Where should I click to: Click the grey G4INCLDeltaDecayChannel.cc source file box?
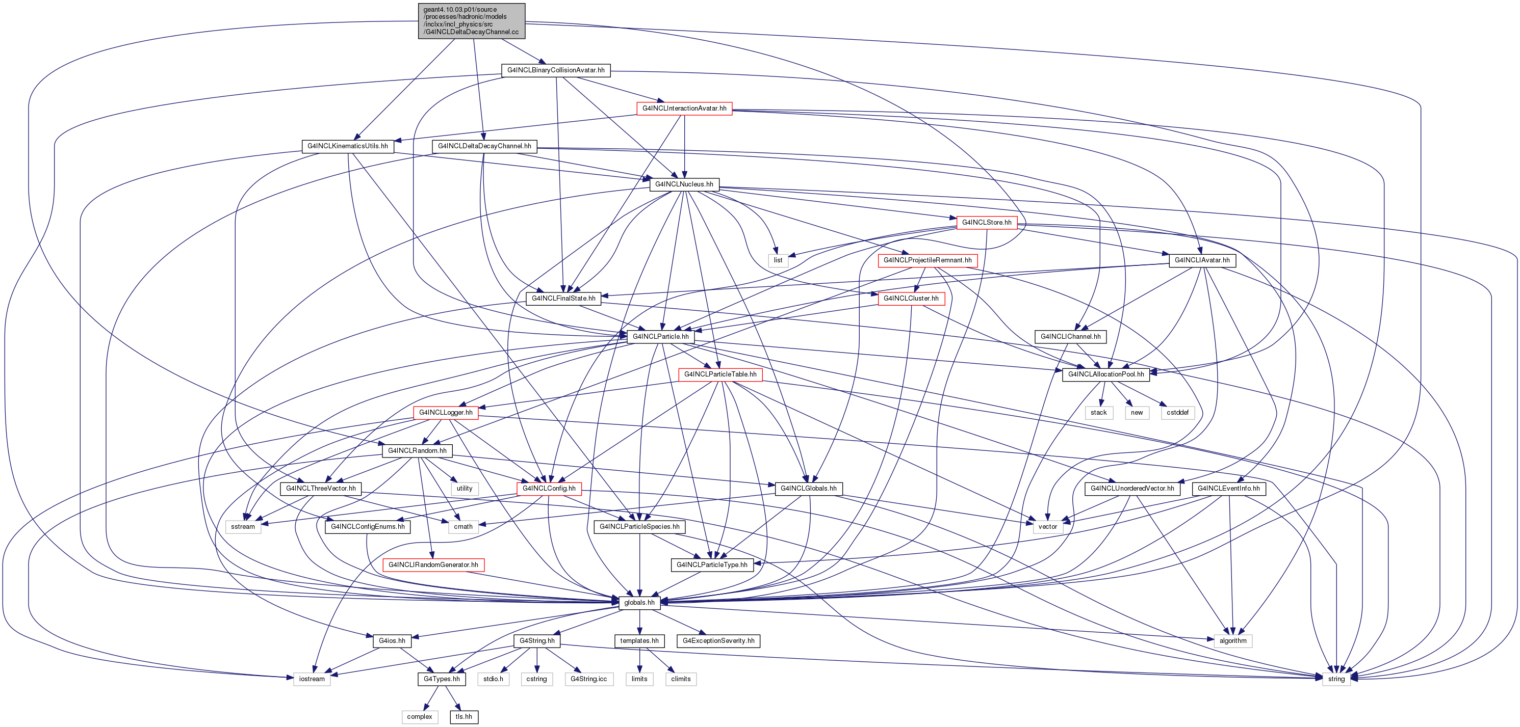[x=472, y=21]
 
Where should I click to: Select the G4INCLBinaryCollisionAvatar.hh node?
[x=556, y=70]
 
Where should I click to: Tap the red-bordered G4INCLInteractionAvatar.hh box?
[x=684, y=109]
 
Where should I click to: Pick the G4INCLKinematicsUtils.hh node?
[x=348, y=146]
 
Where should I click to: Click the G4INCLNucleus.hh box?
[x=684, y=184]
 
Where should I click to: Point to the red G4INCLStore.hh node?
[x=987, y=222]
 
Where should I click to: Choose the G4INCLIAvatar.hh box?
[x=1202, y=260]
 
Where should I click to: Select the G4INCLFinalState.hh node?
[x=563, y=299]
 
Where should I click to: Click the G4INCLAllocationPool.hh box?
[x=1106, y=374]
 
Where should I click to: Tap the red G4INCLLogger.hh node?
[x=446, y=413]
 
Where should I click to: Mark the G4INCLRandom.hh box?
[x=417, y=450]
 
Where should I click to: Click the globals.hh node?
[x=639, y=603]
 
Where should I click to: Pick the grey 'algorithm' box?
[x=1232, y=641]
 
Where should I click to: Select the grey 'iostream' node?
[x=312, y=679]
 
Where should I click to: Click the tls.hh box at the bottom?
[x=464, y=717]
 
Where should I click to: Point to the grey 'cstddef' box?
[x=1178, y=413]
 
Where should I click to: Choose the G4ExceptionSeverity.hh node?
[x=718, y=641]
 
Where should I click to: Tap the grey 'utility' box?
[x=465, y=488]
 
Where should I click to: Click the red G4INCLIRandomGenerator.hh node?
[x=433, y=565]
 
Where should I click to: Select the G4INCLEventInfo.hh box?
[x=1228, y=488]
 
